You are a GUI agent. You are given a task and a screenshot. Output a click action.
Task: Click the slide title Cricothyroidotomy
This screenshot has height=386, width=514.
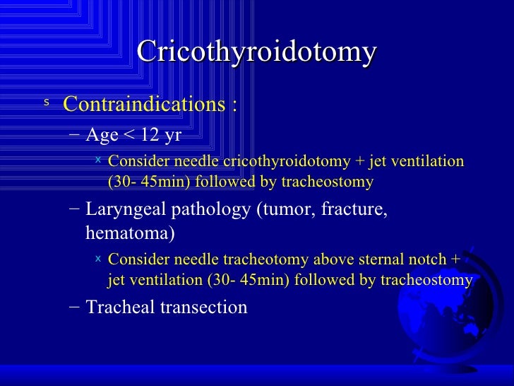(x=256, y=52)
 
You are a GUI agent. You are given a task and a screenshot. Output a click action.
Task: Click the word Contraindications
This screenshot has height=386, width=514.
(x=143, y=105)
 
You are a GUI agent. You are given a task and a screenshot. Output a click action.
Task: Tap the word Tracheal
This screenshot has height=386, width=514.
(x=115, y=308)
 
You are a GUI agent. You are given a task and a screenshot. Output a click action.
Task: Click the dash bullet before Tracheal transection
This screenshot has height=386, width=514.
(x=76, y=308)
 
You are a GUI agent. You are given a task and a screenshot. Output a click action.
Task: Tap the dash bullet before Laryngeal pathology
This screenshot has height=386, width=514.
(x=76, y=210)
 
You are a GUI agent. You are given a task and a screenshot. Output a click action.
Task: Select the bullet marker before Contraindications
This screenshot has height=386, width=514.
(x=47, y=103)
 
